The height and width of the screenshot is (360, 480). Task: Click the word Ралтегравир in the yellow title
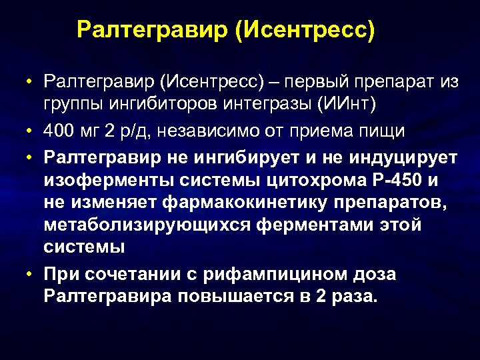152,30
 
